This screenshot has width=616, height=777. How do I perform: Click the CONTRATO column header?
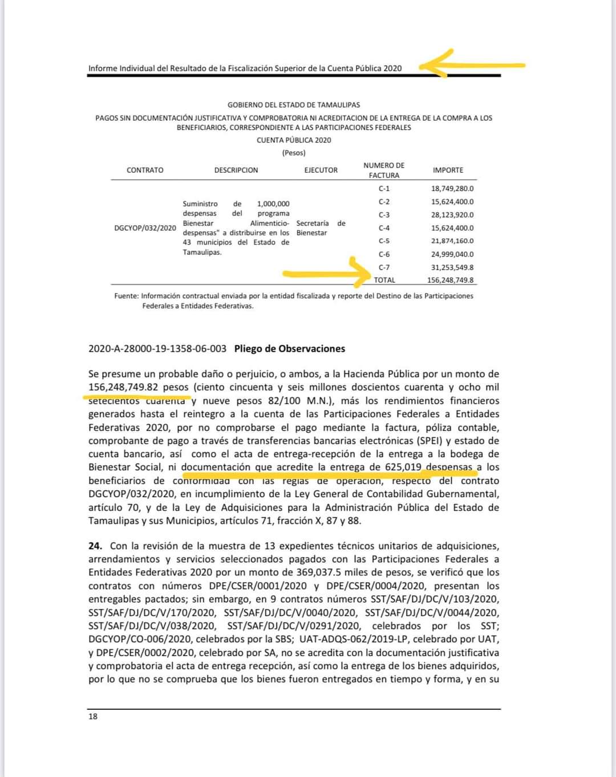[x=145, y=170]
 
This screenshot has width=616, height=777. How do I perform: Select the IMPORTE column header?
[x=448, y=170]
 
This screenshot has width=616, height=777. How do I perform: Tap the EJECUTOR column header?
[x=321, y=170]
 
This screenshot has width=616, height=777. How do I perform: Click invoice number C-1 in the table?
[x=384, y=189]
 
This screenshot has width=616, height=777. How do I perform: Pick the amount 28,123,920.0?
[x=452, y=215]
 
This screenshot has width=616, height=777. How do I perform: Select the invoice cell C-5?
[x=384, y=241]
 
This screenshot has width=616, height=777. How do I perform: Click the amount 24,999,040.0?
[x=452, y=254]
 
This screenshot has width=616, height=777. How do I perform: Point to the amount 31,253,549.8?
[x=452, y=267]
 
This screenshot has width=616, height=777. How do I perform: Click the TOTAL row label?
[x=384, y=280]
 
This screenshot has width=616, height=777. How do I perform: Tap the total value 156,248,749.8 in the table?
[x=451, y=280]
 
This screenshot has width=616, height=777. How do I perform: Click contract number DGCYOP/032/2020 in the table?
[x=145, y=228]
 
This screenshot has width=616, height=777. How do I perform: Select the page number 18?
[x=93, y=717]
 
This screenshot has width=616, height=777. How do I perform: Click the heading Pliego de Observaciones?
[x=290, y=348]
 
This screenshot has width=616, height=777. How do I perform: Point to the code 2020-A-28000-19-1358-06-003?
[x=157, y=348]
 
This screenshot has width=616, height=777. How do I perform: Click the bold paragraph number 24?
[x=95, y=546]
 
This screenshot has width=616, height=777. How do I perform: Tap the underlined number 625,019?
[x=403, y=467]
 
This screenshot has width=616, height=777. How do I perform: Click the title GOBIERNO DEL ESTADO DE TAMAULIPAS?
[x=294, y=105]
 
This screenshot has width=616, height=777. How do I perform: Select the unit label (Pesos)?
[x=294, y=153]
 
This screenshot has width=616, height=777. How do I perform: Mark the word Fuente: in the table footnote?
[x=126, y=296]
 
